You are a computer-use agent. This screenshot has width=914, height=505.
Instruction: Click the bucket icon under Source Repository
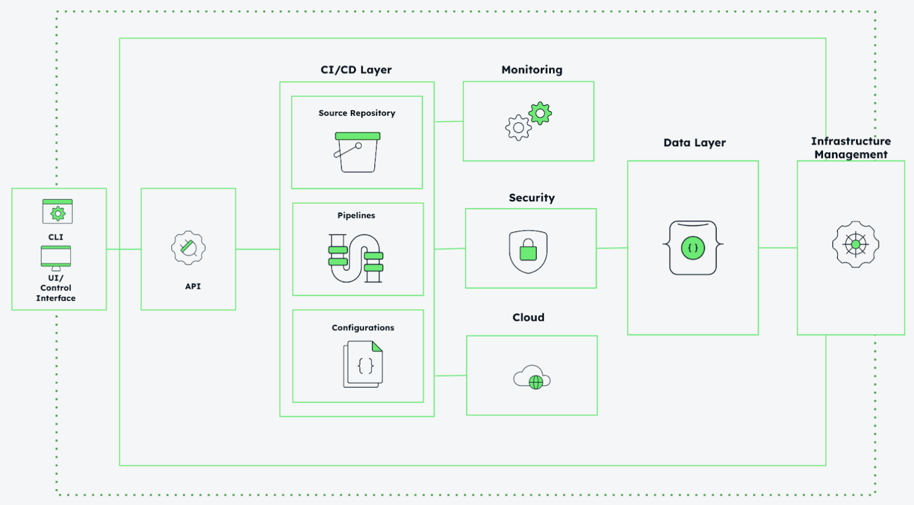tap(357, 152)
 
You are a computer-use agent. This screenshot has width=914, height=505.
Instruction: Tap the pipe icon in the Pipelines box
tap(356, 258)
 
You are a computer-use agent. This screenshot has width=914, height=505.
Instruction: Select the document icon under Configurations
tap(363, 364)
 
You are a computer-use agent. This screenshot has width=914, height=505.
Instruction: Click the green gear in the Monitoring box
tap(540, 113)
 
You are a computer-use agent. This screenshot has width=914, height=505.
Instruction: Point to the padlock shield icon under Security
tap(529, 251)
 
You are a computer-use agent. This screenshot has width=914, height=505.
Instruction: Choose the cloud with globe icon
tap(532, 378)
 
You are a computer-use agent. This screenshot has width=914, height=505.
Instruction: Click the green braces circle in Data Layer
tap(693, 248)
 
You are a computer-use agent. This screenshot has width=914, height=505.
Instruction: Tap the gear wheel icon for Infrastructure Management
tap(855, 244)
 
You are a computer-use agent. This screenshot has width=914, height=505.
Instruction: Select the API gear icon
tap(188, 248)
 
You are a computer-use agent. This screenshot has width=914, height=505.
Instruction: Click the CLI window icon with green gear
tap(57, 211)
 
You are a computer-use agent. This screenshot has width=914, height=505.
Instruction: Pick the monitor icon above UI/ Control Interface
tap(56, 258)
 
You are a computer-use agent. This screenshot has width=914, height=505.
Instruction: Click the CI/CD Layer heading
tap(356, 70)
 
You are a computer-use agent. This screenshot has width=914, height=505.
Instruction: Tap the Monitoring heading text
tap(532, 70)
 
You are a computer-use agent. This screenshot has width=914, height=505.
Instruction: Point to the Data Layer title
tap(695, 143)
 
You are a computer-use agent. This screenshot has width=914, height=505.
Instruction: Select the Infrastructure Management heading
tap(851, 148)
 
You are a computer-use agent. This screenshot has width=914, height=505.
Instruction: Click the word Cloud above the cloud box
tap(529, 318)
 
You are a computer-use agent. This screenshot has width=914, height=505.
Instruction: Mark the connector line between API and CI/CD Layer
tap(258, 250)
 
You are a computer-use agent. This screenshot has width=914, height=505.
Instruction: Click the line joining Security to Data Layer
tap(612, 248)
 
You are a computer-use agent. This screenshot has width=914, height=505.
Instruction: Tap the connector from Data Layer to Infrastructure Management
tap(777, 248)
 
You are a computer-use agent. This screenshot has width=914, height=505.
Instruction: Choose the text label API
tap(193, 287)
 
